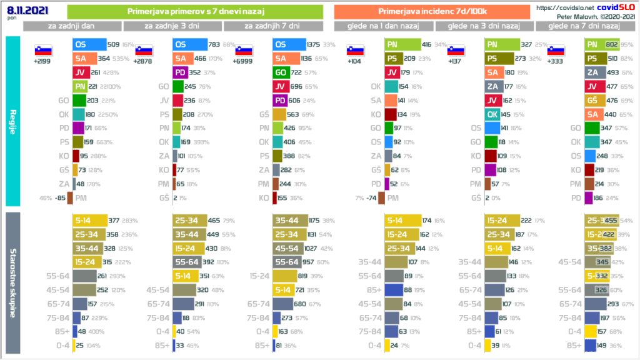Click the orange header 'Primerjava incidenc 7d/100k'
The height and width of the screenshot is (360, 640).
tap(432, 12)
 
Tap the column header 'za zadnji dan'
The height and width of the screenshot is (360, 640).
tap(72, 26)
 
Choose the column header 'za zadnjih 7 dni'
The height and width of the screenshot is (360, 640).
tap(272, 26)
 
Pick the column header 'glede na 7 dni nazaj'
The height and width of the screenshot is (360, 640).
tap(583, 26)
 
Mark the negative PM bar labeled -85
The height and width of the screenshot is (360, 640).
tap(70, 198)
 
